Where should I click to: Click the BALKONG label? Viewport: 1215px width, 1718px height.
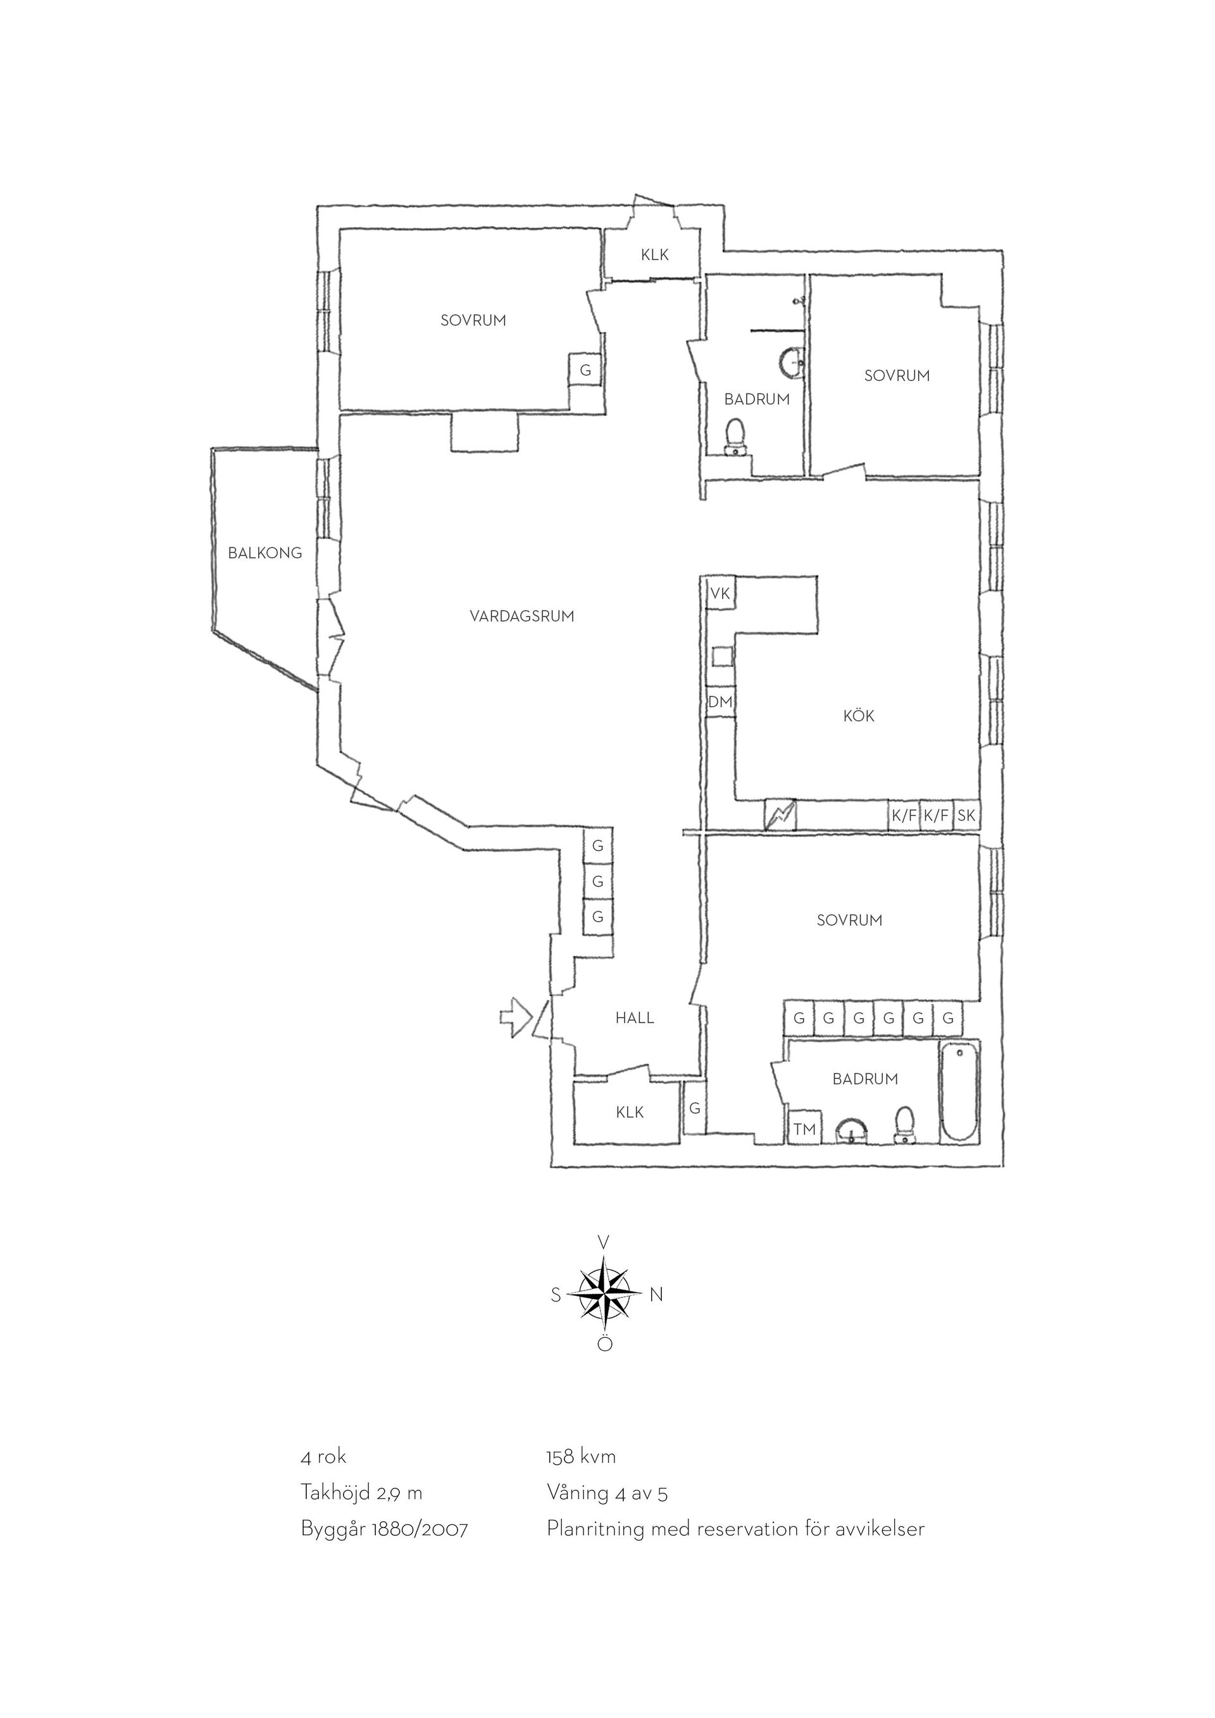pos(265,553)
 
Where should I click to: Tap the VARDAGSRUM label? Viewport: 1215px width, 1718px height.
pos(522,616)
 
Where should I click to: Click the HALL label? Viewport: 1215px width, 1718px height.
pos(635,1018)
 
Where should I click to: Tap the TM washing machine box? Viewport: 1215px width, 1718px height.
pos(804,1128)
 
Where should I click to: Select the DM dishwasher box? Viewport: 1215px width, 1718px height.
pos(721,702)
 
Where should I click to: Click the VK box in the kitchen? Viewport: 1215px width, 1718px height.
pos(721,594)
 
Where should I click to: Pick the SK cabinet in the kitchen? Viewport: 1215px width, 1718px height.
pos(966,816)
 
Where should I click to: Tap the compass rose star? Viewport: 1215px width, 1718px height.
pos(604,1295)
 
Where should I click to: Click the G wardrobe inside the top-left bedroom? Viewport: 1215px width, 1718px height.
pos(585,370)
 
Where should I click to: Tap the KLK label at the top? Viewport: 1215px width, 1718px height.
pos(654,254)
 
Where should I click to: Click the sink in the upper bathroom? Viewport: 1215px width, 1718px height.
pos(791,363)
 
